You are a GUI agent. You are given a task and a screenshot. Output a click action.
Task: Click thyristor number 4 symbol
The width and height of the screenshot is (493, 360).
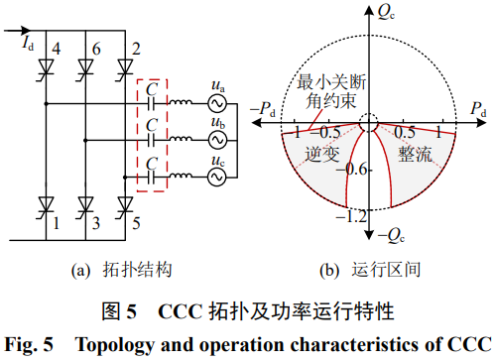[x=46, y=67]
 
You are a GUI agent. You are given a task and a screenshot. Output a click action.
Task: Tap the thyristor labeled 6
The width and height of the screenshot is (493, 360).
[x=85, y=67]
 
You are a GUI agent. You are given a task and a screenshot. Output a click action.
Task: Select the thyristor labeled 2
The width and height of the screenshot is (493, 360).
[x=125, y=67]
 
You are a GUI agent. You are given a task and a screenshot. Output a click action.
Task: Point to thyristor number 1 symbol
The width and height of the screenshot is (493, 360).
[x=46, y=205]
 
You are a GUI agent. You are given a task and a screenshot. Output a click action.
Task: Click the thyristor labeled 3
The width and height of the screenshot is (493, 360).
[x=85, y=205]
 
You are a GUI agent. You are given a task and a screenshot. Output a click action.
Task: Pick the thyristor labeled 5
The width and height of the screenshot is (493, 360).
[x=125, y=205]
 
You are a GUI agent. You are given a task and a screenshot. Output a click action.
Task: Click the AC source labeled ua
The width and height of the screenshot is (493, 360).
[x=217, y=103]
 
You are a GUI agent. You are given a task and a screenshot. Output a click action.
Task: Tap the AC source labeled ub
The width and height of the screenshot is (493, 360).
[x=217, y=140]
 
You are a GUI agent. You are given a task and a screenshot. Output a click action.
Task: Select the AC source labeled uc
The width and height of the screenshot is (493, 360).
[x=217, y=178]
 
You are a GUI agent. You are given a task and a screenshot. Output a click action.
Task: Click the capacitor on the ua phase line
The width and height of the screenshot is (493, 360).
[x=152, y=103]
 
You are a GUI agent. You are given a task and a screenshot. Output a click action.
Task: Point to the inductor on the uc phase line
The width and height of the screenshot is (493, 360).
[x=181, y=176]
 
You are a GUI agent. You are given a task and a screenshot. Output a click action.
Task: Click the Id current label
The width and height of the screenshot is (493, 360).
[x=28, y=43]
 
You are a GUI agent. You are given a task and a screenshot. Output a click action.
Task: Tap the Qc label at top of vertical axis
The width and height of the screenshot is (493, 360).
[x=386, y=12]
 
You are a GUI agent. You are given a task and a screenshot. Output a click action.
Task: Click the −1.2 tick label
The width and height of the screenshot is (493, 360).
[x=351, y=217]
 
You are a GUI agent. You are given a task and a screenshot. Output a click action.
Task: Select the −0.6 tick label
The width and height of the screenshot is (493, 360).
[x=351, y=170]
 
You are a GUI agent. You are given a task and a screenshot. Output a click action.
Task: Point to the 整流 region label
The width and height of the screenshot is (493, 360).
[x=415, y=154]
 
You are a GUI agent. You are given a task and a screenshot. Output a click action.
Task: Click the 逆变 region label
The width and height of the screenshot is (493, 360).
[x=322, y=154]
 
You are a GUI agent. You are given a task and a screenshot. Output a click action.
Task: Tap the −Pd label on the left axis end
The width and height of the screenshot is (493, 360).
[x=263, y=109]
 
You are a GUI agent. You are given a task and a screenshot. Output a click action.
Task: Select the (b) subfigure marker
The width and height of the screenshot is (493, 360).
[x=329, y=270]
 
